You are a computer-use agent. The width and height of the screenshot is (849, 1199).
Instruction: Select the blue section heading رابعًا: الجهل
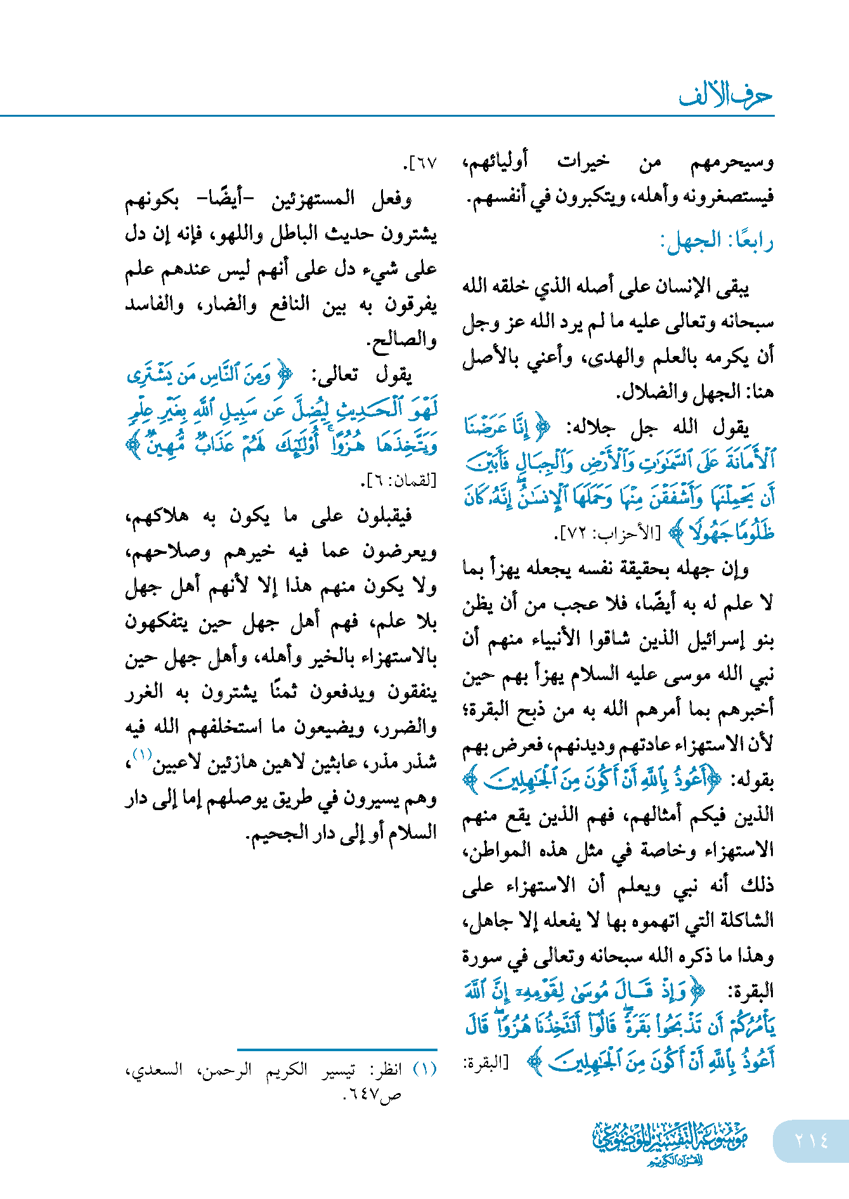click(x=716, y=241)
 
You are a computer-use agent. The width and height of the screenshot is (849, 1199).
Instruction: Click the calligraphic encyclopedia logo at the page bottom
click(x=670, y=1143)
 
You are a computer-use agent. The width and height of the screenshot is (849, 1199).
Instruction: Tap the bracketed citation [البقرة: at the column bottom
click(x=486, y=1063)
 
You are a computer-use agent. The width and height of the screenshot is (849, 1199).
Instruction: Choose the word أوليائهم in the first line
click(x=495, y=162)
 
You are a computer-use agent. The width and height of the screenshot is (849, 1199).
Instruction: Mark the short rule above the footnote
click(x=337, y=1050)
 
